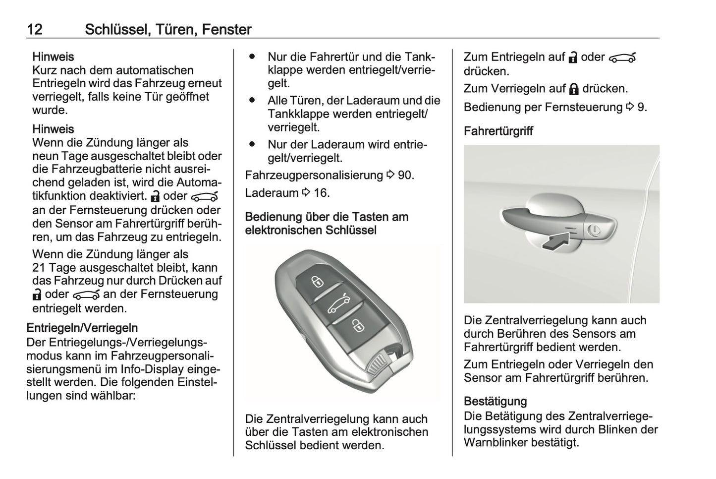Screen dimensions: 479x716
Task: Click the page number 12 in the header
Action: click(x=35, y=30)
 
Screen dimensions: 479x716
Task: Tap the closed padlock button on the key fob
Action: click(x=317, y=282)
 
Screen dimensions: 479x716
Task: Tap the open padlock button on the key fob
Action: click(x=356, y=326)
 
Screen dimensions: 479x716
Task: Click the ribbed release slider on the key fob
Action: click(x=378, y=363)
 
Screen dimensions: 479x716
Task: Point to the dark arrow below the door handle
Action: click(x=555, y=242)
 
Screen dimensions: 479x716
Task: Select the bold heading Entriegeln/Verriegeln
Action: click(x=82, y=328)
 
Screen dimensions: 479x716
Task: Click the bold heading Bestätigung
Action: click(x=495, y=401)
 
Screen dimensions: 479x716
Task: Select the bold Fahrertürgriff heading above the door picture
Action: click(x=498, y=131)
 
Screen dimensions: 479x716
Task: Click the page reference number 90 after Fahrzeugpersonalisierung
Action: click(x=405, y=175)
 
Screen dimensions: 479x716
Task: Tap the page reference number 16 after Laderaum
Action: click(x=321, y=192)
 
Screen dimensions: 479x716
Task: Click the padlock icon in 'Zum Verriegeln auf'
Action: click(x=574, y=89)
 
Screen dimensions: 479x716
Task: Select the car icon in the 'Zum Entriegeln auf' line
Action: click(x=622, y=58)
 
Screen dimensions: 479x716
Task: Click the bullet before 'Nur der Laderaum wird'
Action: click(x=252, y=144)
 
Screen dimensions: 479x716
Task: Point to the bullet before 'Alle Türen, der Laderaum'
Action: click(x=252, y=100)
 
